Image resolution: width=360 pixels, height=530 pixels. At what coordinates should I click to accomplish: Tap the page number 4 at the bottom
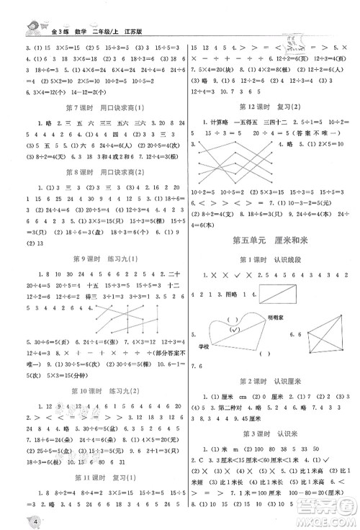point(14,521)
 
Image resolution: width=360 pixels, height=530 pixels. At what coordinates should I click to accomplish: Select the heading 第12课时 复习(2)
point(269,107)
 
